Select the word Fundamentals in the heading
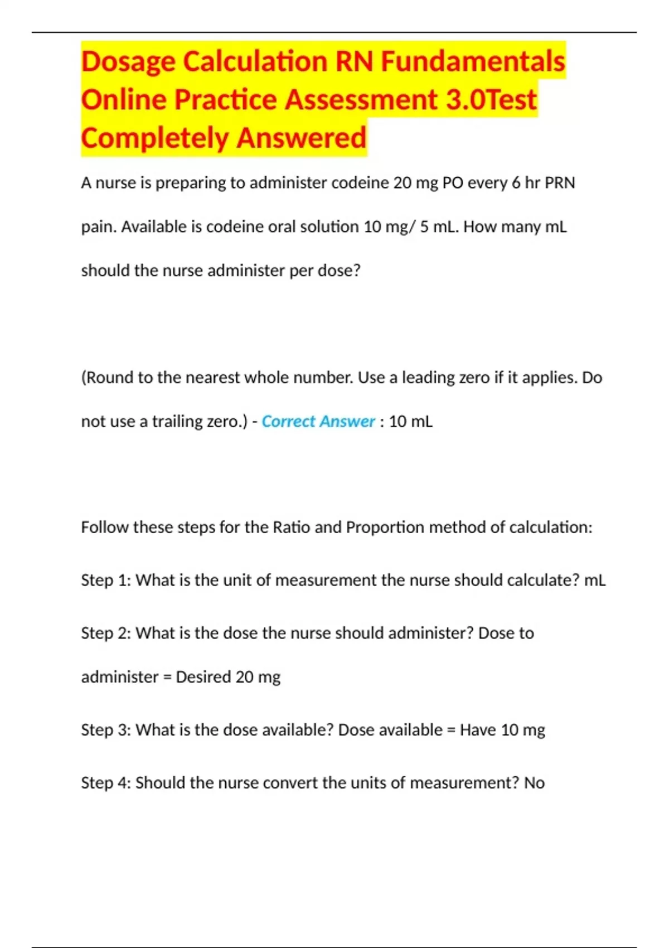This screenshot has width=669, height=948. (473, 61)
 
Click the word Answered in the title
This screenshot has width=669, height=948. (302, 138)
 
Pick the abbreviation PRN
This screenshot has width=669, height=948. (559, 183)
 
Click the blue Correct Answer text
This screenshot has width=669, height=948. (318, 422)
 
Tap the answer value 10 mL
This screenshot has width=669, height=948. (410, 422)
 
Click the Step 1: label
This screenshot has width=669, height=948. (106, 581)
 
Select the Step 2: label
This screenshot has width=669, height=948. (106, 633)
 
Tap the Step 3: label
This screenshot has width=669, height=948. (106, 730)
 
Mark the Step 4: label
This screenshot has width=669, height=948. (106, 783)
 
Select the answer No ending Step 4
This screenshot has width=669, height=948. (534, 783)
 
